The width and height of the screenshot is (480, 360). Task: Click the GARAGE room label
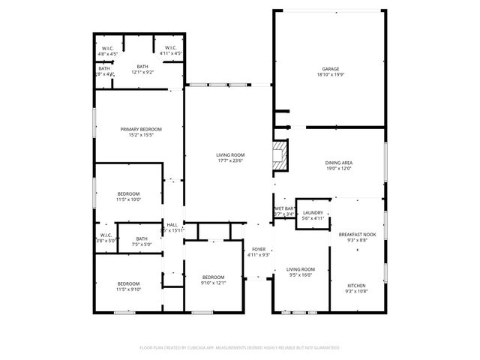(330, 69)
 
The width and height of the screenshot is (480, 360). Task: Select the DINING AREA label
(339, 163)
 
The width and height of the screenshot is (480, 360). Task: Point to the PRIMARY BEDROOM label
(141, 129)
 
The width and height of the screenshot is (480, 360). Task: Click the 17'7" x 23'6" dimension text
(231, 160)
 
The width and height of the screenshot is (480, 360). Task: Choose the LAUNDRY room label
(313, 213)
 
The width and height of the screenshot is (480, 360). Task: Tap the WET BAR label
(284, 208)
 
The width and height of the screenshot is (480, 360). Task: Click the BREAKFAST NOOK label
(357, 234)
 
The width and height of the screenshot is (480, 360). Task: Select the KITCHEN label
(357, 286)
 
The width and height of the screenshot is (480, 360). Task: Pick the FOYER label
(259, 249)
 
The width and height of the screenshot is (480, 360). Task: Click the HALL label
(172, 224)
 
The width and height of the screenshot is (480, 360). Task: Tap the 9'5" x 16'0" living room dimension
(301, 274)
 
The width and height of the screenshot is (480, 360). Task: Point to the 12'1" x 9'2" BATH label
(142, 67)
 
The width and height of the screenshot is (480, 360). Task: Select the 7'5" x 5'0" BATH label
(142, 239)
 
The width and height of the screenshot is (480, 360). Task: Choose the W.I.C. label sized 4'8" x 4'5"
(108, 49)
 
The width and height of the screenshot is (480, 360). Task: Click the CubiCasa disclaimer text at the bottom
(240, 348)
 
